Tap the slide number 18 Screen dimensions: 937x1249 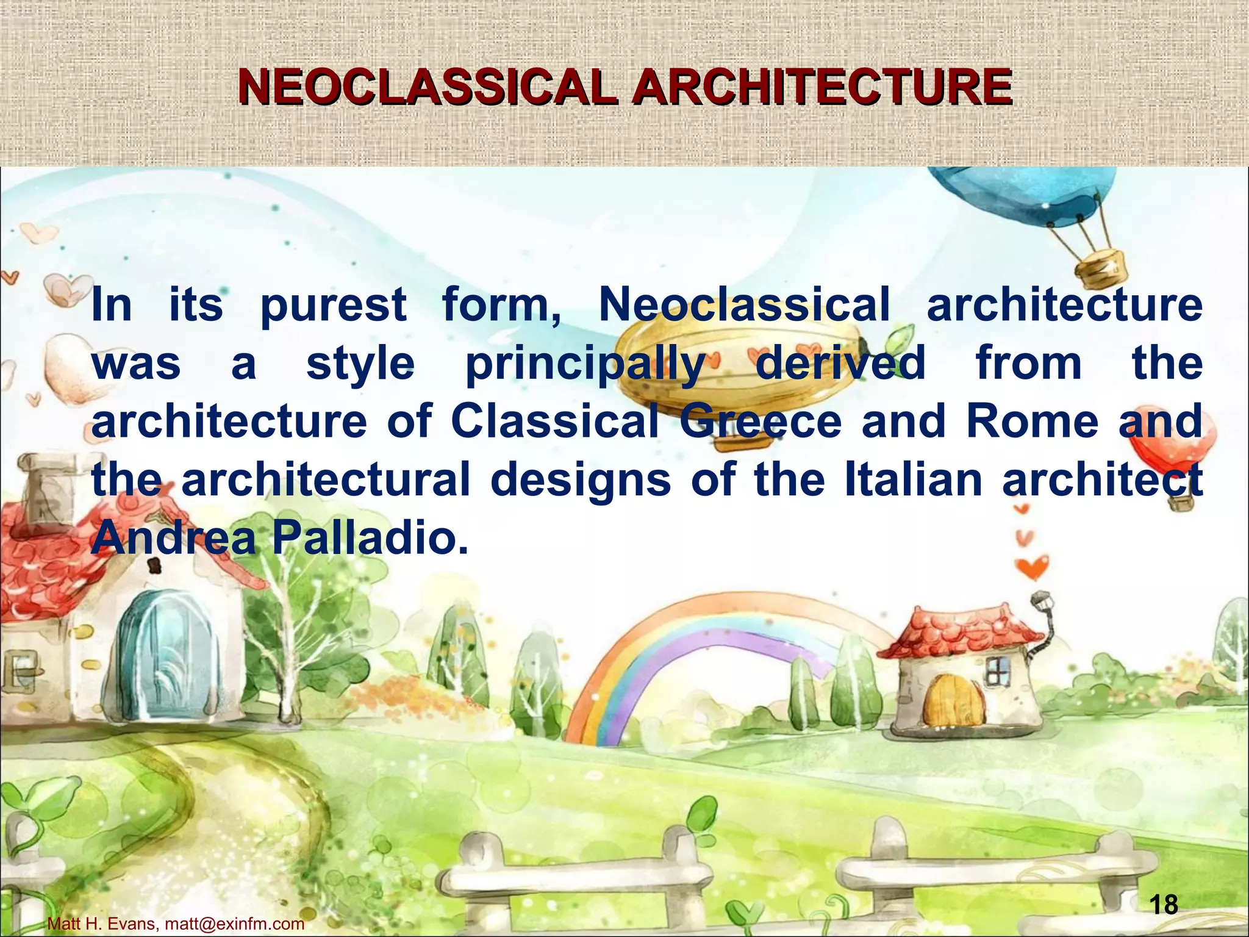pos(1164,904)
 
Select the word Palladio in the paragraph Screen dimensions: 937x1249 pos(370,539)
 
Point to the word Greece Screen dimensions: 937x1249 pos(760,422)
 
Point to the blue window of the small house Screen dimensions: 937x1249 pos(998,671)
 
